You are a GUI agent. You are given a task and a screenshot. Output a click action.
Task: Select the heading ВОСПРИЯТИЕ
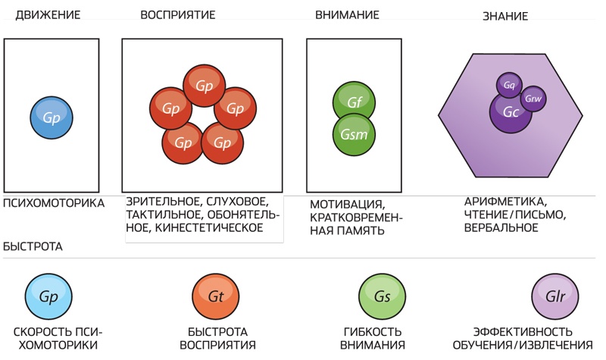coord(178,14)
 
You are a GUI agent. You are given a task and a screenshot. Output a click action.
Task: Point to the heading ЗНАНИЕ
coord(505,16)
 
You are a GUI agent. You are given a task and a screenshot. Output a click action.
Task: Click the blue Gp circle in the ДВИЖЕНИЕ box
coord(52,117)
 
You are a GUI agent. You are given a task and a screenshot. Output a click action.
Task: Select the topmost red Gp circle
coord(203,86)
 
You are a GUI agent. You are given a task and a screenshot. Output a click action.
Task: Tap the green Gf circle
coord(354,102)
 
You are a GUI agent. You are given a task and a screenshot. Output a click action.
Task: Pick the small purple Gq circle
coord(509,86)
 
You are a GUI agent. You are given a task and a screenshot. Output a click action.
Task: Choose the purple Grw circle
coord(533,99)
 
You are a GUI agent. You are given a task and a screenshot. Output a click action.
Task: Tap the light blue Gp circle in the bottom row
coord(48,297)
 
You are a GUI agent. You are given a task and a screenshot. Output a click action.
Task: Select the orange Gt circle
coord(215,297)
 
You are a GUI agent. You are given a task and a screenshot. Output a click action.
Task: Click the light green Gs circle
coord(382,297)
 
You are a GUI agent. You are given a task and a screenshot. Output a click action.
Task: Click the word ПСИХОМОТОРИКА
coord(53,203)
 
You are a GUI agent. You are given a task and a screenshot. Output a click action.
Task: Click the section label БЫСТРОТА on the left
coord(33,247)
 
